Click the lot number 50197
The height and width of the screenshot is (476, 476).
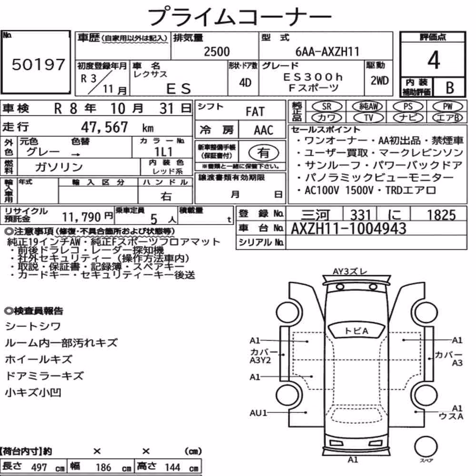pyautogui.click(x=38, y=64)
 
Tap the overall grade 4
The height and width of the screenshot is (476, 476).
pyautogui.click(x=434, y=60)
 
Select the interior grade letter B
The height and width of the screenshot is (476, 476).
pyautogui.click(x=450, y=88)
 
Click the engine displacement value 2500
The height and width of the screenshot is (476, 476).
pyautogui.click(x=217, y=51)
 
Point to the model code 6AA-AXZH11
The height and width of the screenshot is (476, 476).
pyautogui.click(x=327, y=51)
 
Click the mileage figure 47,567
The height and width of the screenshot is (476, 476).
pyautogui.click(x=104, y=127)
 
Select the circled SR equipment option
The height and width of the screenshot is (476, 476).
pyautogui.click(x=327, y=107)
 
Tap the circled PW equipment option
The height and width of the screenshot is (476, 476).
pyautogui.click(x=447, y=107)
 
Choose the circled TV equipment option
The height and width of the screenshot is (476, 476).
pyautogui.click(x=368, y=118)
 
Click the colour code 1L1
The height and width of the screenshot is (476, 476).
pyautogui.click(x=163, y=151)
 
